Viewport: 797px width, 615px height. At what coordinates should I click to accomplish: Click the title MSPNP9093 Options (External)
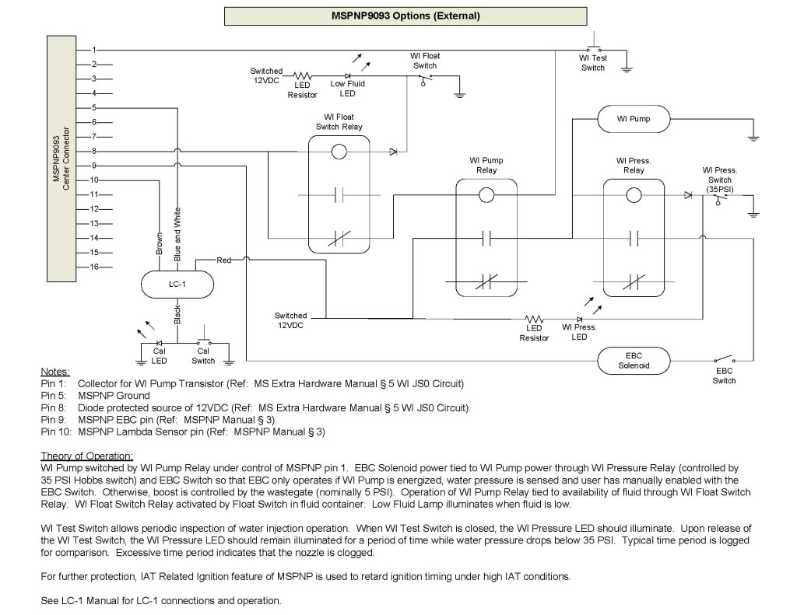[x=405, y=15]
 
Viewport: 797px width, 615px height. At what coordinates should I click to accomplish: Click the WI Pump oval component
[x=633, y=119]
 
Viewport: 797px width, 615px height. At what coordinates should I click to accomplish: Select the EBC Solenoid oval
[x=633, y=361]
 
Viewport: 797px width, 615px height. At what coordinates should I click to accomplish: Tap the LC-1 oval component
[x=177, y=285]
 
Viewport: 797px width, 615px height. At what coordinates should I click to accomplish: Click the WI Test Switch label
[x=593, y=63]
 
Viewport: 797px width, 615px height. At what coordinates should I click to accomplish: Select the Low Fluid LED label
[x=347, y=89]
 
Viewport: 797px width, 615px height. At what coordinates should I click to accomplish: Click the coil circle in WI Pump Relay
[x=486, y=195]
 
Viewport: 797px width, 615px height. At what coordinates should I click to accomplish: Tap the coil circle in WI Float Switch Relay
[x=339, y=152]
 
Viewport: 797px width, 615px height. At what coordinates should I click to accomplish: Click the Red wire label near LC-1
[x=224, y=260]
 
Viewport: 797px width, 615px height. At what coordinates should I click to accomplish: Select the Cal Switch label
[x=203, y=355]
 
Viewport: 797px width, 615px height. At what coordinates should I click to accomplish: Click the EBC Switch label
[x=724, y=376]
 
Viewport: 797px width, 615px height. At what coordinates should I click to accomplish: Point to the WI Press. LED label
[x=580, y=332]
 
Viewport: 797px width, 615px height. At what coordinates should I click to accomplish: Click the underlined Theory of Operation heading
[x=86, y=455]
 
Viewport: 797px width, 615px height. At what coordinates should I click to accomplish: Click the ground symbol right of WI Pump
[x=753, y=138]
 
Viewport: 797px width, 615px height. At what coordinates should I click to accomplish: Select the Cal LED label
[x=159, y=355]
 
